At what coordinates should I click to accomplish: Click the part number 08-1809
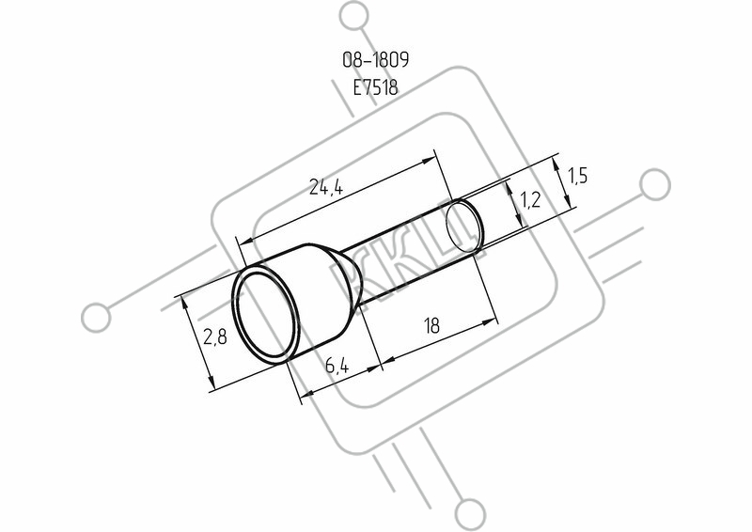pyautogui.click(x=375, y=60)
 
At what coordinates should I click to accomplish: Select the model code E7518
pyautogui.click(x=375, y=87)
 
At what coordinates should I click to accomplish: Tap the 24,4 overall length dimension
pyautogui.click(x=326, y=187)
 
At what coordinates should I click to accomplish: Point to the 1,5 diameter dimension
pyautogui.click(x=577, y=176)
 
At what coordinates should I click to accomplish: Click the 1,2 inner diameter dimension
pyautogui.click(x=530, y=198)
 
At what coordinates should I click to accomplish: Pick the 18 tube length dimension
pyautogui.click(x=431, y=326)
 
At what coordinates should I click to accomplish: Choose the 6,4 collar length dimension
pyautogui.click(x=337, y=366)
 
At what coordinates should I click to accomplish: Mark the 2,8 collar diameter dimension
pyautogui.click(x=214, y=337)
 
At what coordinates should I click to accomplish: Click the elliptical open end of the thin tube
pyautogui.click(x=463, y=227)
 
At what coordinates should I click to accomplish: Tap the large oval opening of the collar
pyautogui.click(x=266, y=317)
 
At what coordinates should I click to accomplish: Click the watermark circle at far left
pyautogui.click(x=96, y=318)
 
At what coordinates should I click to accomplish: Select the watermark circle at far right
pyautogui.click(x=655, y=184)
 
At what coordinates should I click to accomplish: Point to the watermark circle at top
pyautogui.click(x=354, y=16)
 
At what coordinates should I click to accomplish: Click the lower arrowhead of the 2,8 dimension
pyautogui.click(x=210, y=382)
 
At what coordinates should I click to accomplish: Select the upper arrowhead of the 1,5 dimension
pyautogui.click(x=556, y=165)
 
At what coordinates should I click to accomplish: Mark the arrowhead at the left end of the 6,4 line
pyautogui.click(x=307, y=393)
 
